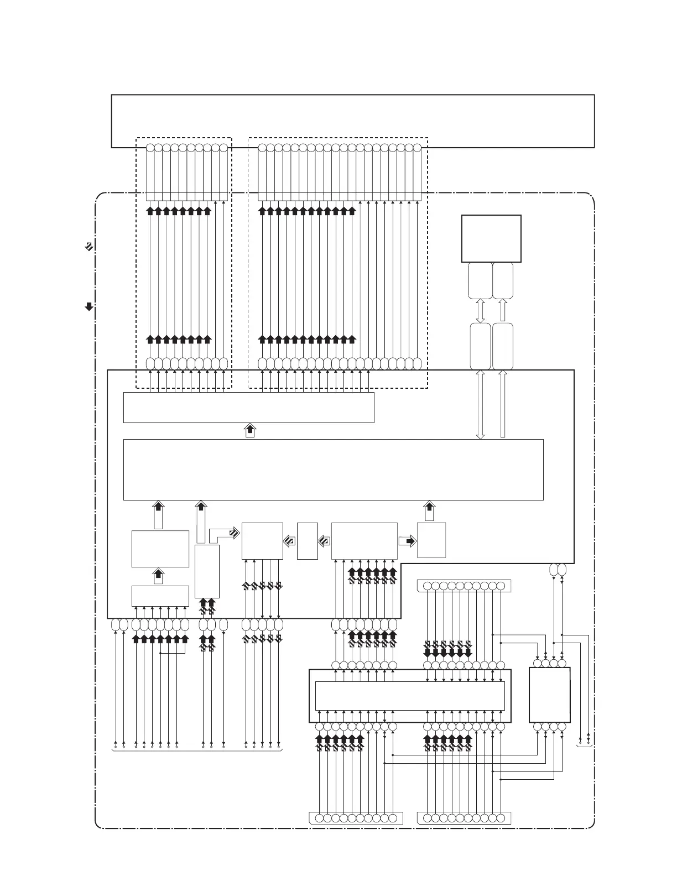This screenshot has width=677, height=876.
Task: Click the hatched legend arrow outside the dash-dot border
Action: [x=88, y=247]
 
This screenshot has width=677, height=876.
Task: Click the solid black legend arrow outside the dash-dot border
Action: [x=88, y=306]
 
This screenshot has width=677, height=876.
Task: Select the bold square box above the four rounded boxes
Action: [x=491, y=238]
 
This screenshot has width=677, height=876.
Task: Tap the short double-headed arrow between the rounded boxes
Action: [x=480, y=311]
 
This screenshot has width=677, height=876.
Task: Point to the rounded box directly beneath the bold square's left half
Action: [x=480, y=281]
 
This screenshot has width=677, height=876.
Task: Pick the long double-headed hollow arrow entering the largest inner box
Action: [x=480, y=404]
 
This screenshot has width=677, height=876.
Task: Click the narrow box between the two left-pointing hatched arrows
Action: [x=307, y=541]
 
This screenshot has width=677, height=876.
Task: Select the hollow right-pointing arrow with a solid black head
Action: [x=407, y=541]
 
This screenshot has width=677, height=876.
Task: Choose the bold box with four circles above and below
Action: [x=549, y=695]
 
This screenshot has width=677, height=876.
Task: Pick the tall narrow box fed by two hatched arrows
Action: [x=207, y=571]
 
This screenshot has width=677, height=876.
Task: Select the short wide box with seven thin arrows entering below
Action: [x=160, y=596]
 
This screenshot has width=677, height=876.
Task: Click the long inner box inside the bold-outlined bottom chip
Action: [x=409, y=696]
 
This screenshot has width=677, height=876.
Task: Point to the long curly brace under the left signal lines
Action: [x=197, y=752]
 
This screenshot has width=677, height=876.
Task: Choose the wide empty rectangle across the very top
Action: [x=353, y=121]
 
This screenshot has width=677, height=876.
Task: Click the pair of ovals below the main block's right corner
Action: [x=558, y=570]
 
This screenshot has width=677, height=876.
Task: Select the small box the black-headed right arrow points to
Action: [x=431, y=540]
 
